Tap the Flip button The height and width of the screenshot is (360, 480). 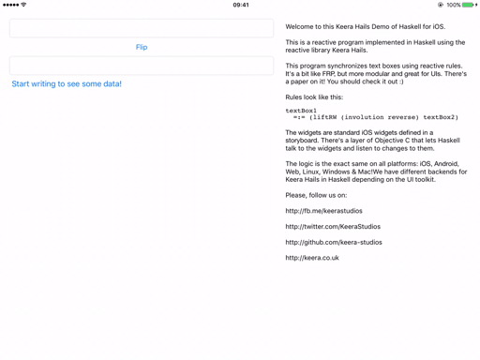142,47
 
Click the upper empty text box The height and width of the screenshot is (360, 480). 142,28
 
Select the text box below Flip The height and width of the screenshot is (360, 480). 142,66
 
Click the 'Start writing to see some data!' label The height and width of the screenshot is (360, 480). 67,83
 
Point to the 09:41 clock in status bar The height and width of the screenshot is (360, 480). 241,5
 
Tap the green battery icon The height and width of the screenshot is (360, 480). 467,5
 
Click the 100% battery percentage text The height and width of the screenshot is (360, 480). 453,5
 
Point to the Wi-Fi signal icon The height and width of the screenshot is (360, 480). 23,5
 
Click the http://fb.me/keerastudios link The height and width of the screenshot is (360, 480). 323,211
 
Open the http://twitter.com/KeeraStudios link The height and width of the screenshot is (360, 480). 333,227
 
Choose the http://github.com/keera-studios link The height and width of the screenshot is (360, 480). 334,242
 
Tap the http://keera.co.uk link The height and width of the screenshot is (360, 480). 312,258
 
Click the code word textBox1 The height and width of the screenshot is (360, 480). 301,111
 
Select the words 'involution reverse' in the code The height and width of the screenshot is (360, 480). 376,117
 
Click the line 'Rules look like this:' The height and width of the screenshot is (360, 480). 314,97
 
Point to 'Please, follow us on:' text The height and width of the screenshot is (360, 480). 316,195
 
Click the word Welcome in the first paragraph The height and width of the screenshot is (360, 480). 301,27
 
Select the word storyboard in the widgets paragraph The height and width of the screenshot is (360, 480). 302,141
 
